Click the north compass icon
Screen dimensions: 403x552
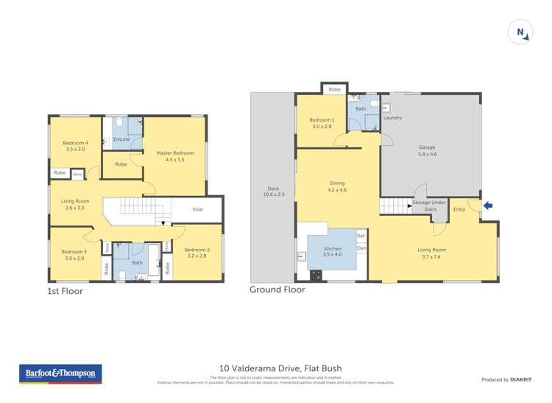520,32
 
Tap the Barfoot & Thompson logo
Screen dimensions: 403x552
60,374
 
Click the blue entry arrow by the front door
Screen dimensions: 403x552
486,206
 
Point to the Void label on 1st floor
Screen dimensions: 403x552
197,209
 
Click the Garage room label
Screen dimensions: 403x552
428,150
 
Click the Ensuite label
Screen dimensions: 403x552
122,139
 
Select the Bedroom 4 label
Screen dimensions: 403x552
75,146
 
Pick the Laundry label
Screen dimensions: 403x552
392,118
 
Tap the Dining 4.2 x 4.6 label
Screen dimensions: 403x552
337,187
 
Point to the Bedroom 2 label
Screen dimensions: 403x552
197,253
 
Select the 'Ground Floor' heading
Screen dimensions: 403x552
277,290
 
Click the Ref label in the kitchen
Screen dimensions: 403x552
361,236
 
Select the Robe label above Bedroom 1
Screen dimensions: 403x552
335,88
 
